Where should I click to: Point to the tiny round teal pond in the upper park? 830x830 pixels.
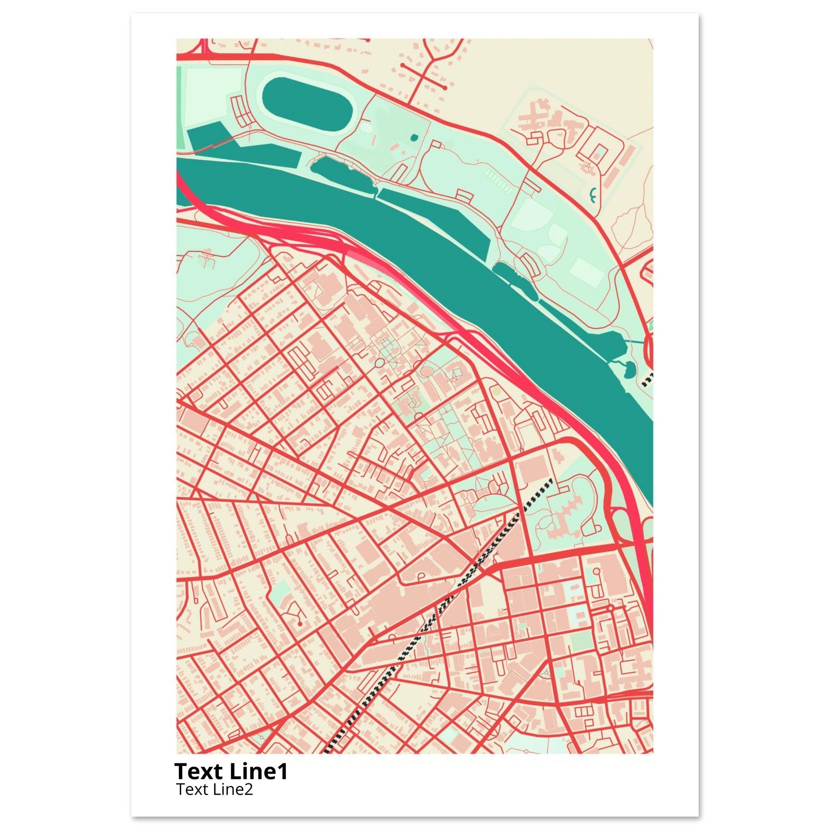[x=414, y=137]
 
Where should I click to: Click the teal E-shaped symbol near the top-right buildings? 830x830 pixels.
[x=594, y=196]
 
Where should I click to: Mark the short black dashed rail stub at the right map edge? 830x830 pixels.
[x=647, y=379]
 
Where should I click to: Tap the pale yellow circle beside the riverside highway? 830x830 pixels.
[x=496, y=391]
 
